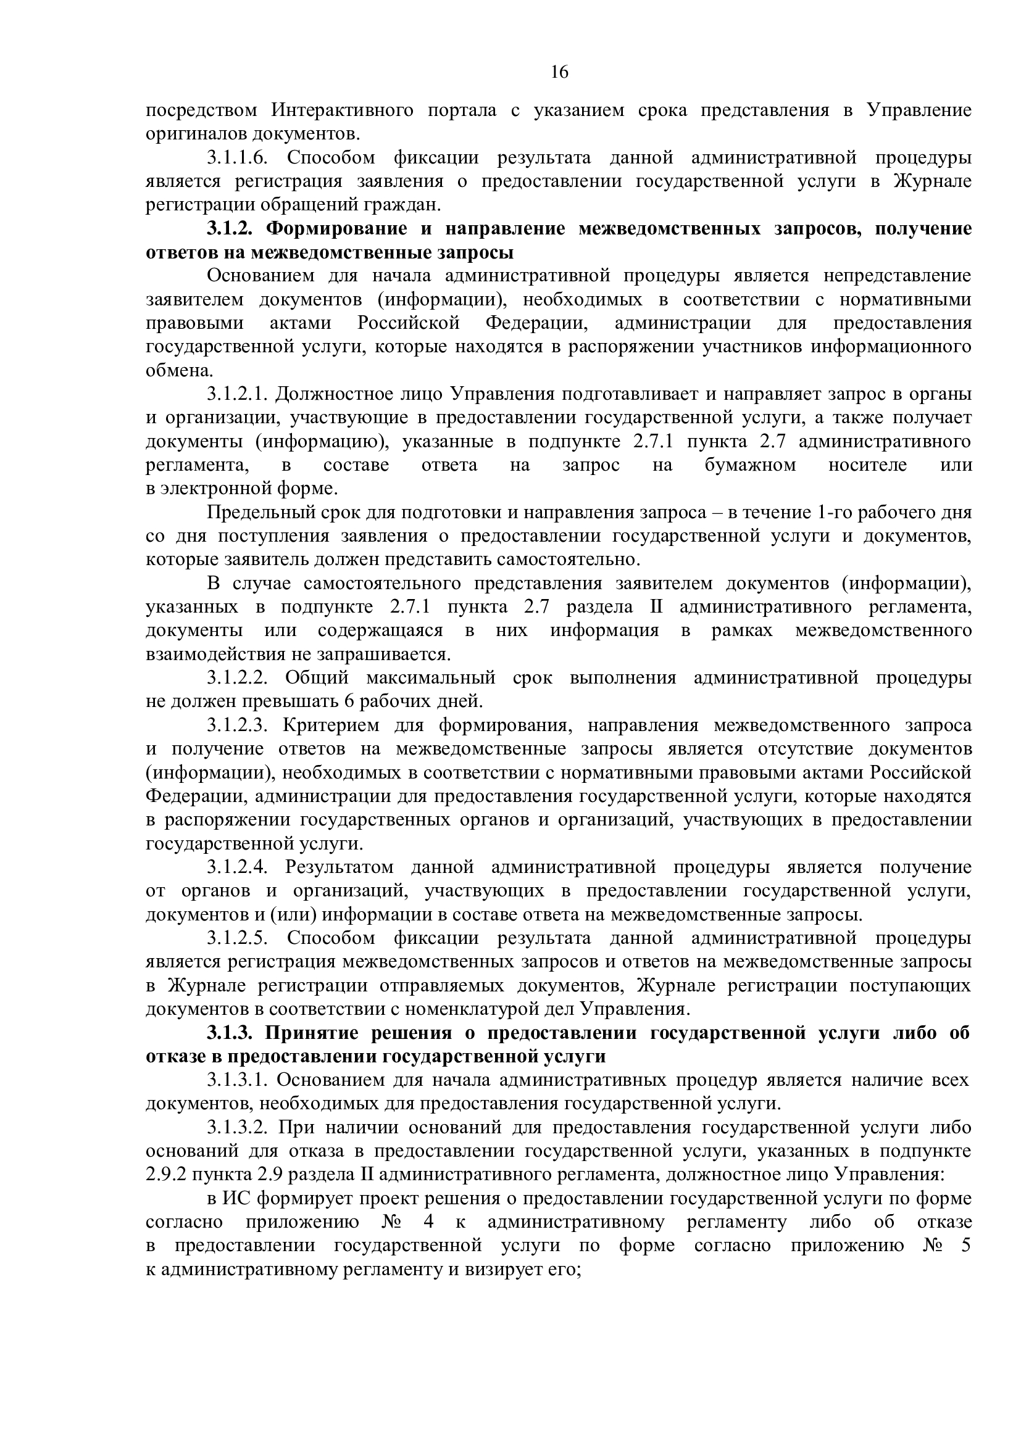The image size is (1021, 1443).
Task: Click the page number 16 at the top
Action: (x=559, y=72)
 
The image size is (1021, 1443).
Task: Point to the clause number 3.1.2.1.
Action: (x=238, y=394)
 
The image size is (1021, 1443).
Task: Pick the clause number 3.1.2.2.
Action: (x=238, y=678)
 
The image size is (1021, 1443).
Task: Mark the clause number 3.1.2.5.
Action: (x=238, y=938)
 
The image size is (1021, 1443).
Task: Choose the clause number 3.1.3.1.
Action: (x=238, y=1080)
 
